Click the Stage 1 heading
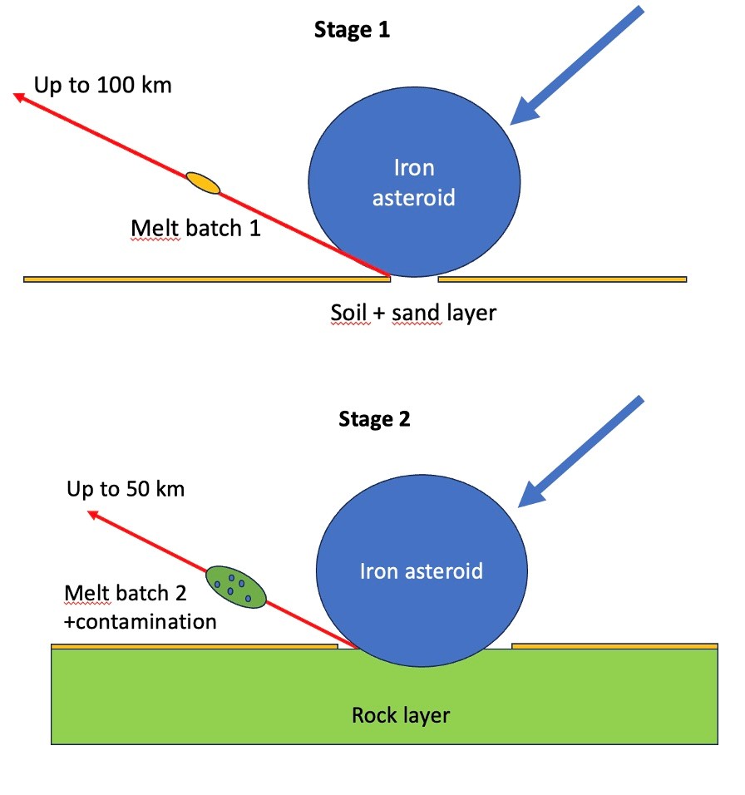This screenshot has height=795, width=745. (352, 32)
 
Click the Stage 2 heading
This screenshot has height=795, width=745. (374, 419)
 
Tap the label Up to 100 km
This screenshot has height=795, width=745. (103, 85)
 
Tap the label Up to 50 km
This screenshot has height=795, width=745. (126, 488)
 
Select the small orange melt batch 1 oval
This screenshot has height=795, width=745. (203, 182)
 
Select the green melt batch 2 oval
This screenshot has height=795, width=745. (235, 586)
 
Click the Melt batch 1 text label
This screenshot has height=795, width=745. (195, 228)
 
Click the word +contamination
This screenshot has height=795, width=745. (140, 621)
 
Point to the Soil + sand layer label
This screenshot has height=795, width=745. (412, 314)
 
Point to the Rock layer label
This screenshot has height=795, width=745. (401, 715)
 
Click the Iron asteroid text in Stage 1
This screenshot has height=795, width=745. (414, 183)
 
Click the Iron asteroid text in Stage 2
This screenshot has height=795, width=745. (421, 571)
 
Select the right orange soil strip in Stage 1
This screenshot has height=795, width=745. (562, 279)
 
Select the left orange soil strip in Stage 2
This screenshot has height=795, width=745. (194, 645)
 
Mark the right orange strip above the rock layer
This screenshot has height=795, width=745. (614, 645)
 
